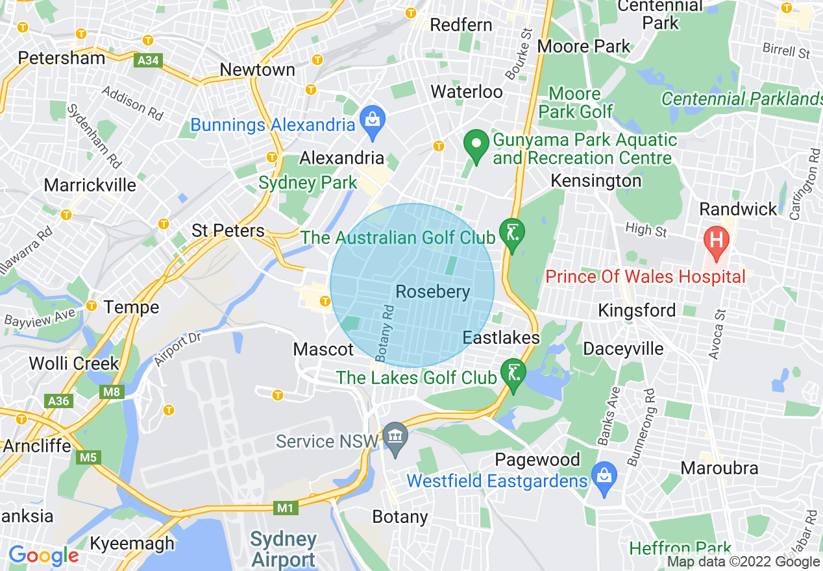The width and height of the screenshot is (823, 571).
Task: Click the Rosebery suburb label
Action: tap(432, 292)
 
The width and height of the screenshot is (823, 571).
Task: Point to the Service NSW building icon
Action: tap(394, 436)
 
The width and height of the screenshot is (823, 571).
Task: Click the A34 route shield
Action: tap(148, 61)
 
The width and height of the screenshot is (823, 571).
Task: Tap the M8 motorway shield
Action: tap(112, 392)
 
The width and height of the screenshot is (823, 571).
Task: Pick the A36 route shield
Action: tap(58, 401)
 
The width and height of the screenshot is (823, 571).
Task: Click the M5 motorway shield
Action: tap(88, 458)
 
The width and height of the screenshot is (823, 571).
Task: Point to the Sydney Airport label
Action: tap(283, 549)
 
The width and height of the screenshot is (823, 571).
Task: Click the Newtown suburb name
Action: tap(257, 69)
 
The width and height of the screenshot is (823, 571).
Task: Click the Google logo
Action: tap(43, 555)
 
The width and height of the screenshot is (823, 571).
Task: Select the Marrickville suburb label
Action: tap(90, 185)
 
